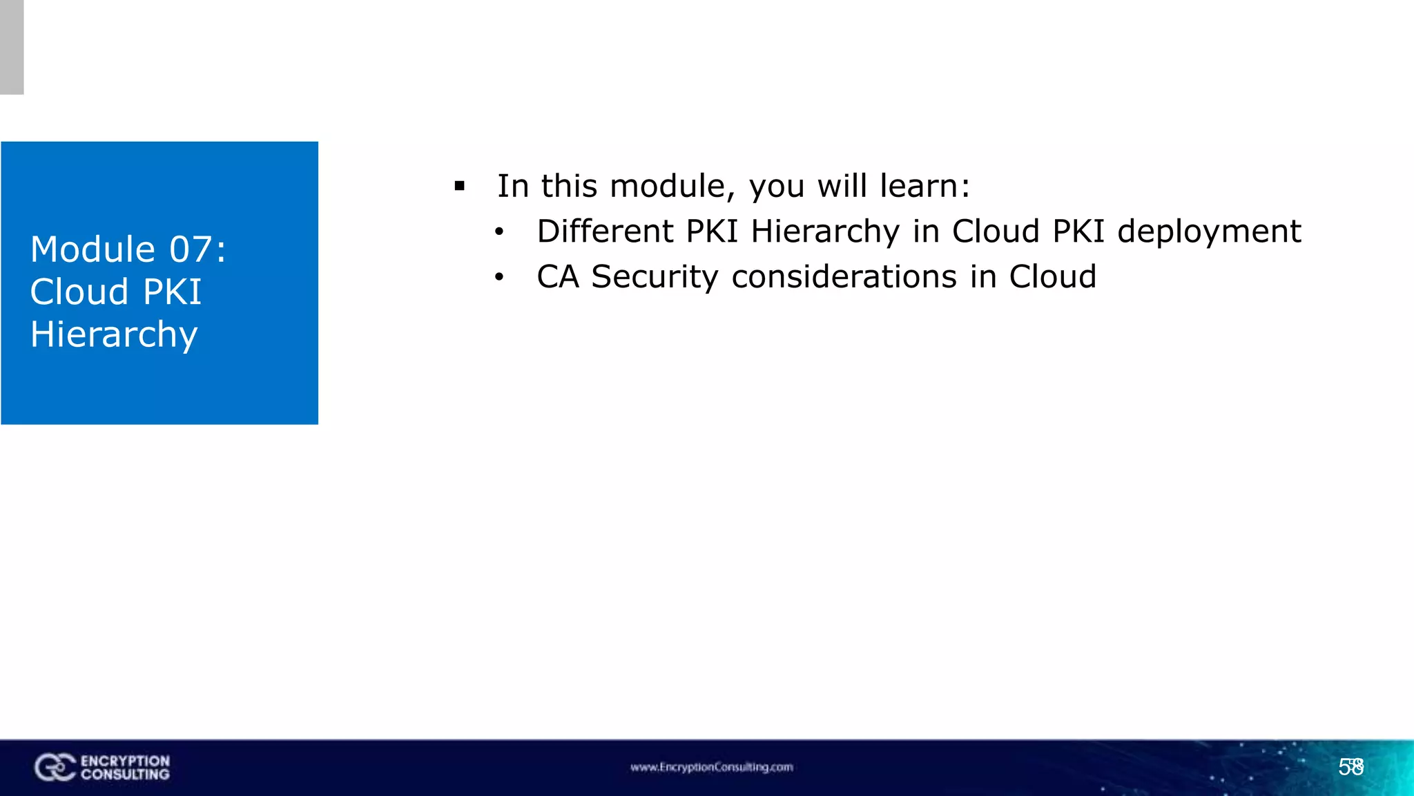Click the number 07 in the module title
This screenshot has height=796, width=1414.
coord(190,249)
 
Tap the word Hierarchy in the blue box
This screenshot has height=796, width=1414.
coord(114,335)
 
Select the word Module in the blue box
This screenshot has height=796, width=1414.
coord(93,249)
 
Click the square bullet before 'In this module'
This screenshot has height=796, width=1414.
coord(460,186)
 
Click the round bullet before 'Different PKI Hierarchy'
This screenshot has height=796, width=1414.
coord(499,232)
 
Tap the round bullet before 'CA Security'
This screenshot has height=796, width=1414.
coord(499,278)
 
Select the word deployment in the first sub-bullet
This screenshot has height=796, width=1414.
coord(1209,232)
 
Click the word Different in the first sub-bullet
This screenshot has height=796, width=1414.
coord(605,231)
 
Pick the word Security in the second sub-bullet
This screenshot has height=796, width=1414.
coord(655,278)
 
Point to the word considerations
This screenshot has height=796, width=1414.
coord(844,277)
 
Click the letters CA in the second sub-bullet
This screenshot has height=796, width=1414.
coord(557,277)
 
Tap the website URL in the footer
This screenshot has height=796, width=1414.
coord(711,767)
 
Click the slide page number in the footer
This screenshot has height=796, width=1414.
coord(1351,767)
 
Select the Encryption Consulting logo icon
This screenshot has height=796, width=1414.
coord(55,768)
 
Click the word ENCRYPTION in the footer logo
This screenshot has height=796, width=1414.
coord(125,761)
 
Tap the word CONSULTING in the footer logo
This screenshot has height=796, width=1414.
coord(125,775)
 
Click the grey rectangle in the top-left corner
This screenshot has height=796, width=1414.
coord(12,47)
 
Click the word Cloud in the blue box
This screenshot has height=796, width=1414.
coord(80,292)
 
